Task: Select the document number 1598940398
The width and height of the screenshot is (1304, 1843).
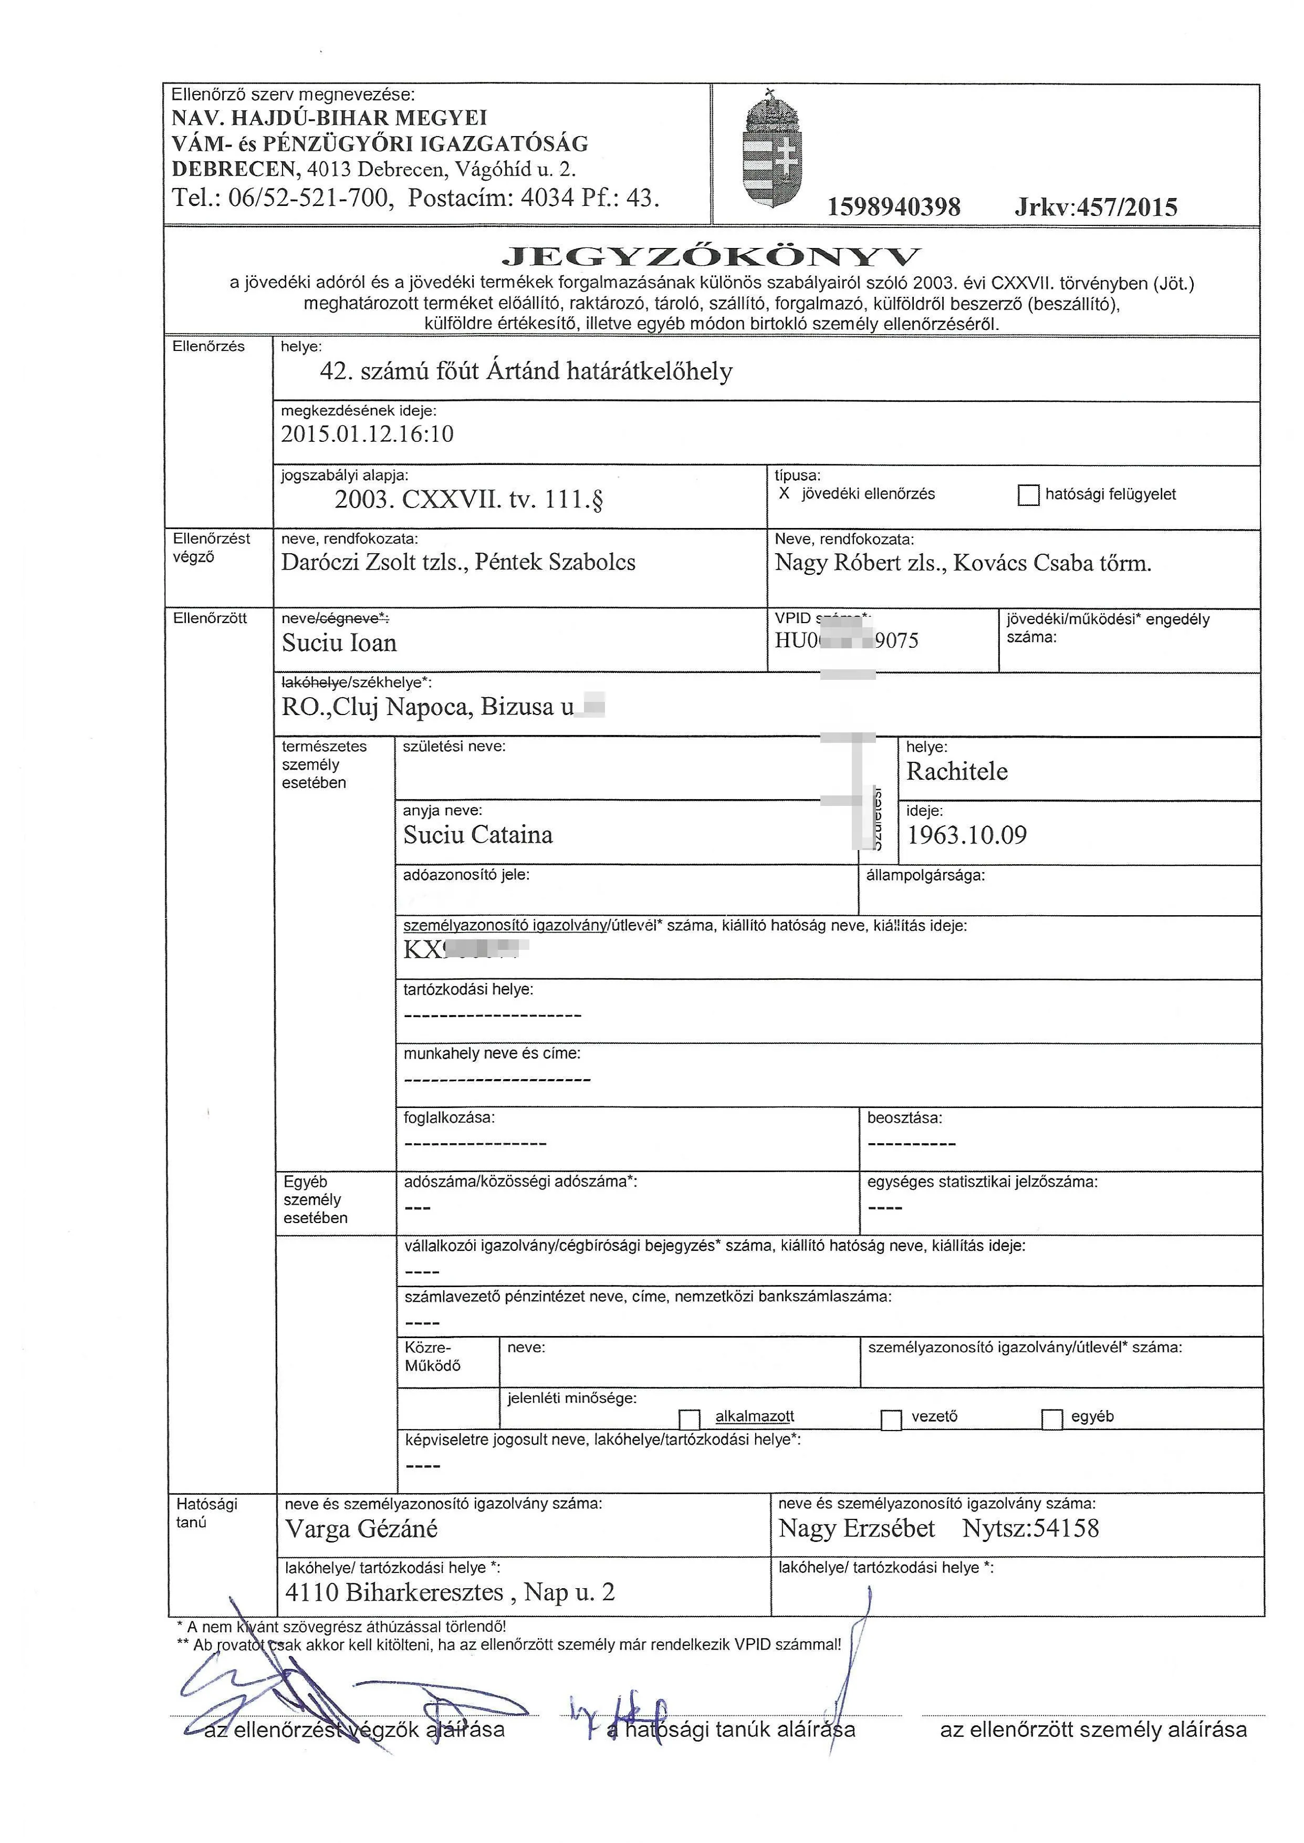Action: pos(894,207)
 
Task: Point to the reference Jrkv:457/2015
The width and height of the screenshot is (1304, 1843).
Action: pos(1095,207)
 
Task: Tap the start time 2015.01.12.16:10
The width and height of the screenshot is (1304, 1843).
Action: pos(367,434)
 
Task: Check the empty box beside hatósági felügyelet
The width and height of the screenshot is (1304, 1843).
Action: pos(1028,495)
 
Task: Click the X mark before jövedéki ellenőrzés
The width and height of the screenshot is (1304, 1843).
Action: pos(785,494)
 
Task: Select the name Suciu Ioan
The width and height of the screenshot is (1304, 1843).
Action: pos(339,643)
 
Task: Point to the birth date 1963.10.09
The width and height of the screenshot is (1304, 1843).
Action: pos(966,835)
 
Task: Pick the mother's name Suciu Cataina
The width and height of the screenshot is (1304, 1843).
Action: pos(478,835)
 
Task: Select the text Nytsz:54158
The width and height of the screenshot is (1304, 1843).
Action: pos(1030,1527)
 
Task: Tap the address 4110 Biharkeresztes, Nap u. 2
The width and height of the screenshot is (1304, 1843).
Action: pos(450,1592)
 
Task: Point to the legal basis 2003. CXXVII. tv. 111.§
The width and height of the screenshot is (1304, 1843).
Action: pos(469,500)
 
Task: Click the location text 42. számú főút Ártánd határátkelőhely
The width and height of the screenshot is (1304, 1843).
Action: pos(526,371)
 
